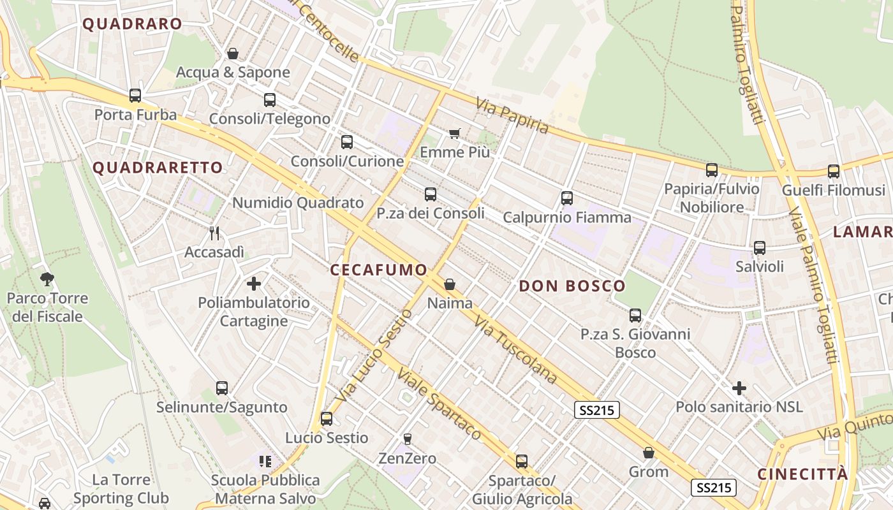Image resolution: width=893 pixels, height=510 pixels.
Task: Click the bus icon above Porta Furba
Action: click(x=135, y=96)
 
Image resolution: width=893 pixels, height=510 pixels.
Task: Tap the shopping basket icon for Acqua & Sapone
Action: click(x=233, y=54)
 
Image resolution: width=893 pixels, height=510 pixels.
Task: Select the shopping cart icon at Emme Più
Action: click(x=454, y=133)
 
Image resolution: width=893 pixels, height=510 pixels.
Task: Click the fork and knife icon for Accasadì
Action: click(x=214, y=233)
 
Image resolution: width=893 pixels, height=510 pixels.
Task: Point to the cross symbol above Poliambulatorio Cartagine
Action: click(x=254, y=283)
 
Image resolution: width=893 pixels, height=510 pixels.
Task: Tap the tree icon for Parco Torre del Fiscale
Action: click(x=47, y=278)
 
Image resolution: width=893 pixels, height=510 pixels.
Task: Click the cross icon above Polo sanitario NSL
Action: click(x=739, y=388)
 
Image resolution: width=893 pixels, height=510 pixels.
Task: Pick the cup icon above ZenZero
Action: click(x=408, y=439)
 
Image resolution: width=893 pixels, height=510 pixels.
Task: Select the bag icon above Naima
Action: click(x=450, y=284)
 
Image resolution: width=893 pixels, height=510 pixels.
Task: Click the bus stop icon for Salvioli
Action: click(x=759, y=248)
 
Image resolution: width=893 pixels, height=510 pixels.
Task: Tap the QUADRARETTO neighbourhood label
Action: click(x=158, y=168)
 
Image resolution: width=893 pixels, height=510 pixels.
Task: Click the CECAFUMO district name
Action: click(x=378, y=270)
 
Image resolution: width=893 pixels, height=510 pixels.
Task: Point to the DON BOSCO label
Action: click(x=572, y=286)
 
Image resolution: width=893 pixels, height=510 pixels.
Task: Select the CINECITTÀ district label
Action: click(x=803, y=474)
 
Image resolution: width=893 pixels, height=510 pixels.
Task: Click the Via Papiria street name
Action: click(x=512, y=115)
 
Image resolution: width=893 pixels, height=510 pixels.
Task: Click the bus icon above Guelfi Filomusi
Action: click(x=834, y=171)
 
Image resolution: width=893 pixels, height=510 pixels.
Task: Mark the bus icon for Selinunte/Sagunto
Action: click(x=222, y=388)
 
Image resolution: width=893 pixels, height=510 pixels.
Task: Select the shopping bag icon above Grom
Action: click(x=649, y=453)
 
